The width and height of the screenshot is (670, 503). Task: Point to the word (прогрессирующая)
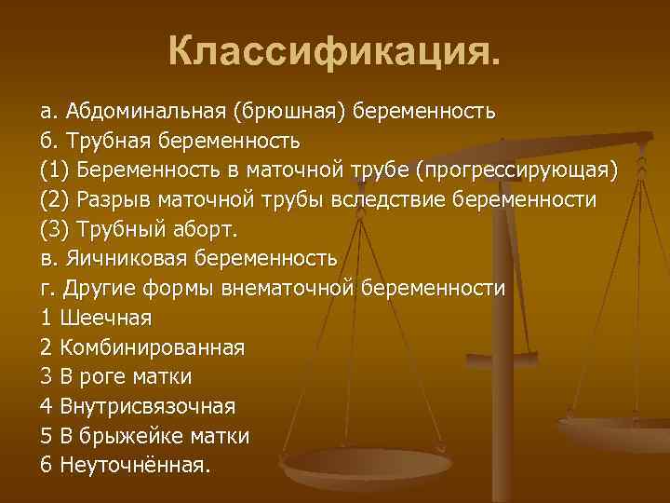[516, 171]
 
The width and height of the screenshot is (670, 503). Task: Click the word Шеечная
[105, 319]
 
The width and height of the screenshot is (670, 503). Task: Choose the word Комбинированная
[152, 348]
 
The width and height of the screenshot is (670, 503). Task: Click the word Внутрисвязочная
[147, 407]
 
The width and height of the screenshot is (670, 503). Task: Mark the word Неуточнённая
[136, 466]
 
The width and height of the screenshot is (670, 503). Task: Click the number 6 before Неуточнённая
[47, 466]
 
